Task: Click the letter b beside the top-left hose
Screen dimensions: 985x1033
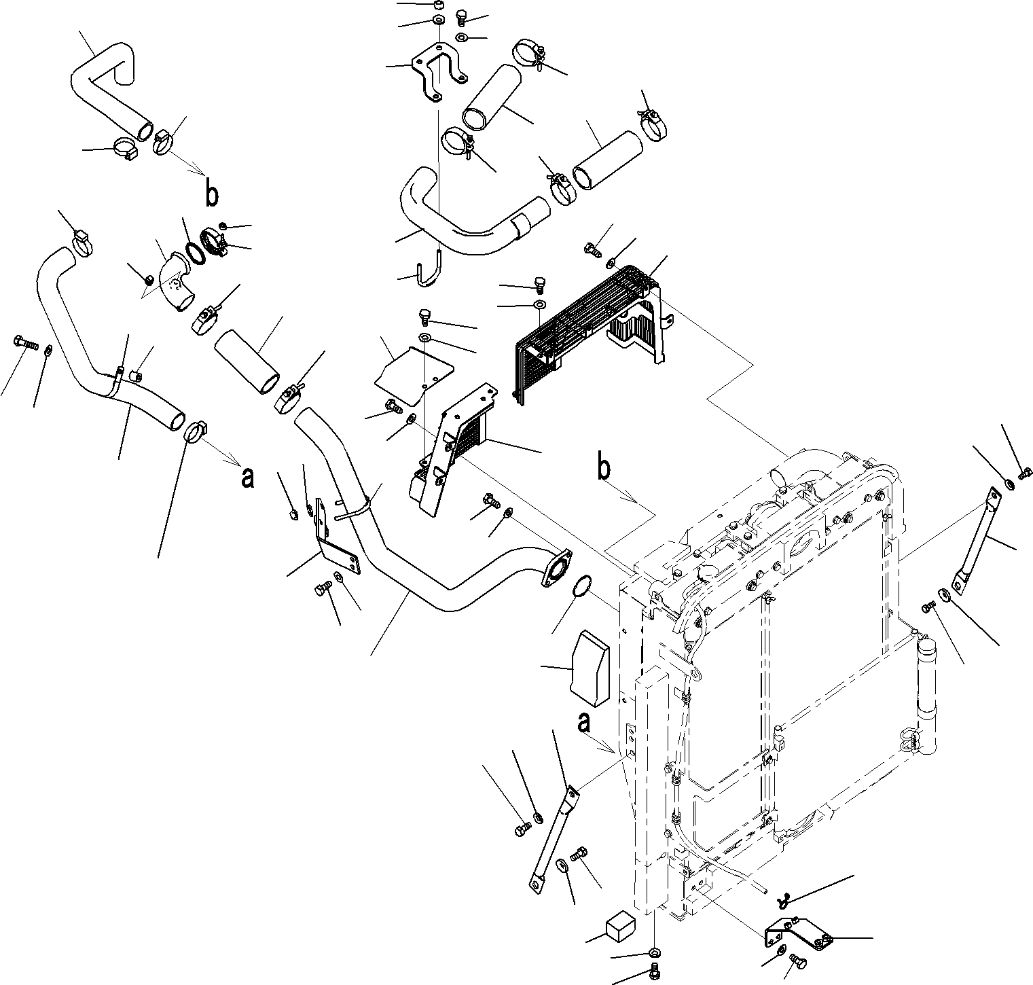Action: (212, 194)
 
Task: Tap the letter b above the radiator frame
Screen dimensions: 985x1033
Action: (603, 469)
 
